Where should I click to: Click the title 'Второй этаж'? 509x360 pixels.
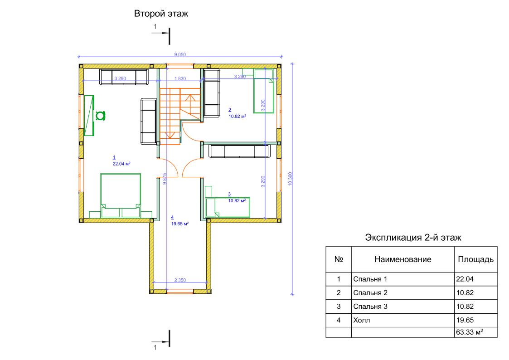point(161,14)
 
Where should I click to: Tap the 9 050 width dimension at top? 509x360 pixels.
point(180,54)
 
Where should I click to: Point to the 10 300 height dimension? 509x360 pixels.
point(290,179)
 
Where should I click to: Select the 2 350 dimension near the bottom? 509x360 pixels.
point(180,280)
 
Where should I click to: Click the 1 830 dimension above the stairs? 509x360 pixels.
point(180,78)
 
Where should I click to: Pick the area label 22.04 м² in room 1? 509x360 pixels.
point(121,164)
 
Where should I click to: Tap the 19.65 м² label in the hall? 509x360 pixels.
point(180,224)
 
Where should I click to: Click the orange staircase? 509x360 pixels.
point(180,116)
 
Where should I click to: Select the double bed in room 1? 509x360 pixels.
point(121,195)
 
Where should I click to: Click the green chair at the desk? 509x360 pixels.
point(100,116)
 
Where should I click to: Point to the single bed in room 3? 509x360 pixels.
point(228,207)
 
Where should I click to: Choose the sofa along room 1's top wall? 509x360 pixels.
point(124,77)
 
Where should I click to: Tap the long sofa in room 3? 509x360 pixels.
point(239,151)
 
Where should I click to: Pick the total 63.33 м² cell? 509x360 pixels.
point(476,332)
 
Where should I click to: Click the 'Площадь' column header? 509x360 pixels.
point(476,259)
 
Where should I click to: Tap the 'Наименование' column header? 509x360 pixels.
point(403,259)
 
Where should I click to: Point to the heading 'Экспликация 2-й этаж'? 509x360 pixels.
point(413,238)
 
